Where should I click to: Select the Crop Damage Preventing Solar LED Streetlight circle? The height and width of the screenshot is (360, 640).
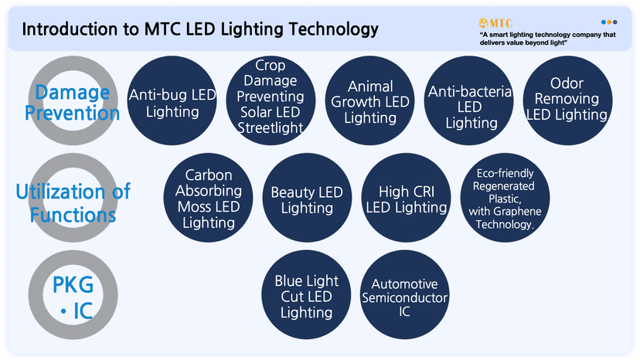point(269,97)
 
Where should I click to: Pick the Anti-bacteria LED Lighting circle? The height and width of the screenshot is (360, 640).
point(469,107)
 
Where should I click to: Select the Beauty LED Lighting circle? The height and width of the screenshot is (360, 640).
point(307,199)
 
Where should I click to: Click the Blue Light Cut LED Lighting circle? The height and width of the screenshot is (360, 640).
point(307,296)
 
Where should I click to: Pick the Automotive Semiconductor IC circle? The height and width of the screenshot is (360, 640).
point(404,296)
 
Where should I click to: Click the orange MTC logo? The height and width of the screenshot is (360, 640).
point(495,22)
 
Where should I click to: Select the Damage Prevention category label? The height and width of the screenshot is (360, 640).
point(73,103)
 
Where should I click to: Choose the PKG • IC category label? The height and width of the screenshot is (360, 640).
point(73,297)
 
